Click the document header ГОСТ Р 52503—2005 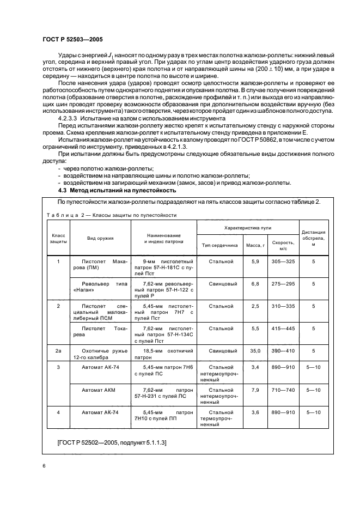(x=72, y=39)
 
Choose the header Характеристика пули (x=248, y=227)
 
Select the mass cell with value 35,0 (x=255, y=352)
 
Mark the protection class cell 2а (x=58, y=352)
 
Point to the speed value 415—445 (x=283, y=329)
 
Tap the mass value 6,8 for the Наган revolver (x=255, y=284)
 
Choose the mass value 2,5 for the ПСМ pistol (x=255, y=306)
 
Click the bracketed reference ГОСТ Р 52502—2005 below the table (x=112, y=442)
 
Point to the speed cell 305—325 (x=283, y=262)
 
